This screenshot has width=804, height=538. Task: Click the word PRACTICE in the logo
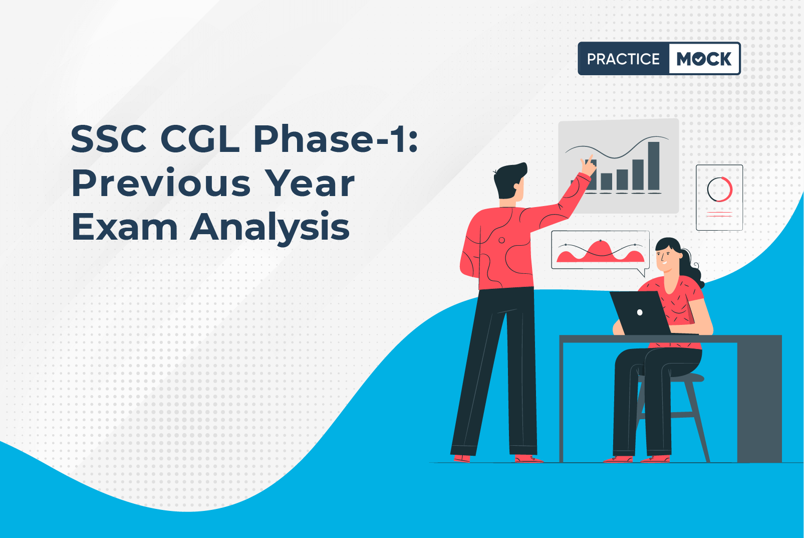pos(623,59)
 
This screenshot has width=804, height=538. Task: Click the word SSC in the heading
pos(109,138)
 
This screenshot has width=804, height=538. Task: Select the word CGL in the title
pos(200,138)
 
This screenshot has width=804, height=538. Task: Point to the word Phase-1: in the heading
pos(336,138)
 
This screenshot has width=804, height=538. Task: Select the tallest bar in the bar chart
pos(654,165)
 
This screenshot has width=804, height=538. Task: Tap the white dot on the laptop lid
pos(640,312)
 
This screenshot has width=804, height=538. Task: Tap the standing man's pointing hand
pos(588,166)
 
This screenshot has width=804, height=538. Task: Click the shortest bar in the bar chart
pos(607,182)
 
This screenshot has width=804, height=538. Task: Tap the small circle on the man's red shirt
pos(502,240)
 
